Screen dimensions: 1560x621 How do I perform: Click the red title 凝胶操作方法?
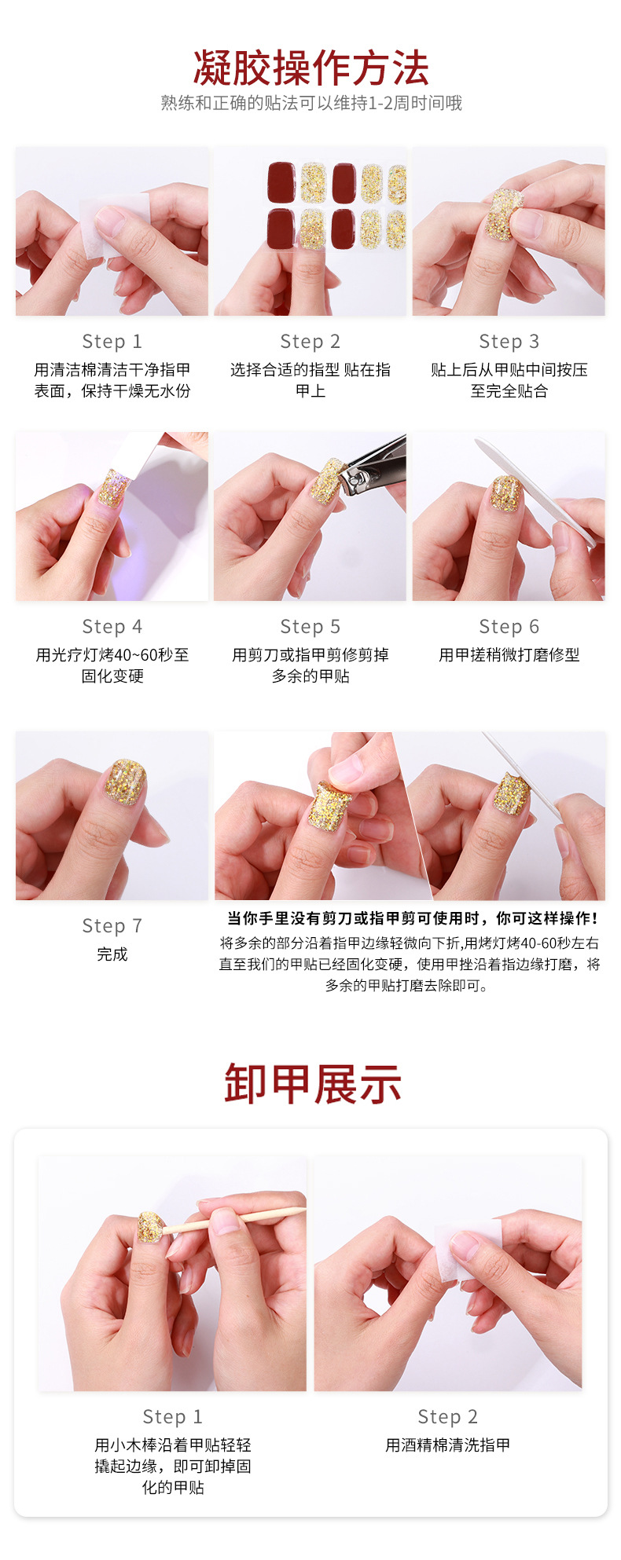pyautogui.click(x=310, y=68)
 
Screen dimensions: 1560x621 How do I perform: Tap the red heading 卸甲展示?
pyautogui.click(x=312, y=1085)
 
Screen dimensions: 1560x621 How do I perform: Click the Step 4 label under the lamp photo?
pyautogui.click(x=112, y=627)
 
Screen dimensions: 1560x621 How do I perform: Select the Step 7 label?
pyautogui.click(x=112, y=926)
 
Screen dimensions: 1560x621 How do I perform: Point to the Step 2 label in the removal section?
pyautogui.click(x=447, y=1416)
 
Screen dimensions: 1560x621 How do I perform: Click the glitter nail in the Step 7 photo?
pyautogui.click(x=126, y=782)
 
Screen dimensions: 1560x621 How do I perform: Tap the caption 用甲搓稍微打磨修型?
pyautogui.click(x=509, y=655)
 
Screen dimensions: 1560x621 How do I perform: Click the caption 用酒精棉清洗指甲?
pyautogui.click(x=447, y=1445)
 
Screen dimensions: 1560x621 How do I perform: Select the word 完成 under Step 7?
pyautogui.click(x=112, y=954)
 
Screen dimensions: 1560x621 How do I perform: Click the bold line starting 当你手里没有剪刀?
pyautogui.click(x=413, y=918)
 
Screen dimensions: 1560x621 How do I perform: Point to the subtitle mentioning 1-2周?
pyautogui.click(x=310, y=103)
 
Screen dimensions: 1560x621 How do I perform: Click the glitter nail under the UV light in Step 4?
pyautogui.click(x=112, y=488)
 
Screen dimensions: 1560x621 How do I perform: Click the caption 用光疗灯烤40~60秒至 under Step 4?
pyautogui.click(x=112, y=655)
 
